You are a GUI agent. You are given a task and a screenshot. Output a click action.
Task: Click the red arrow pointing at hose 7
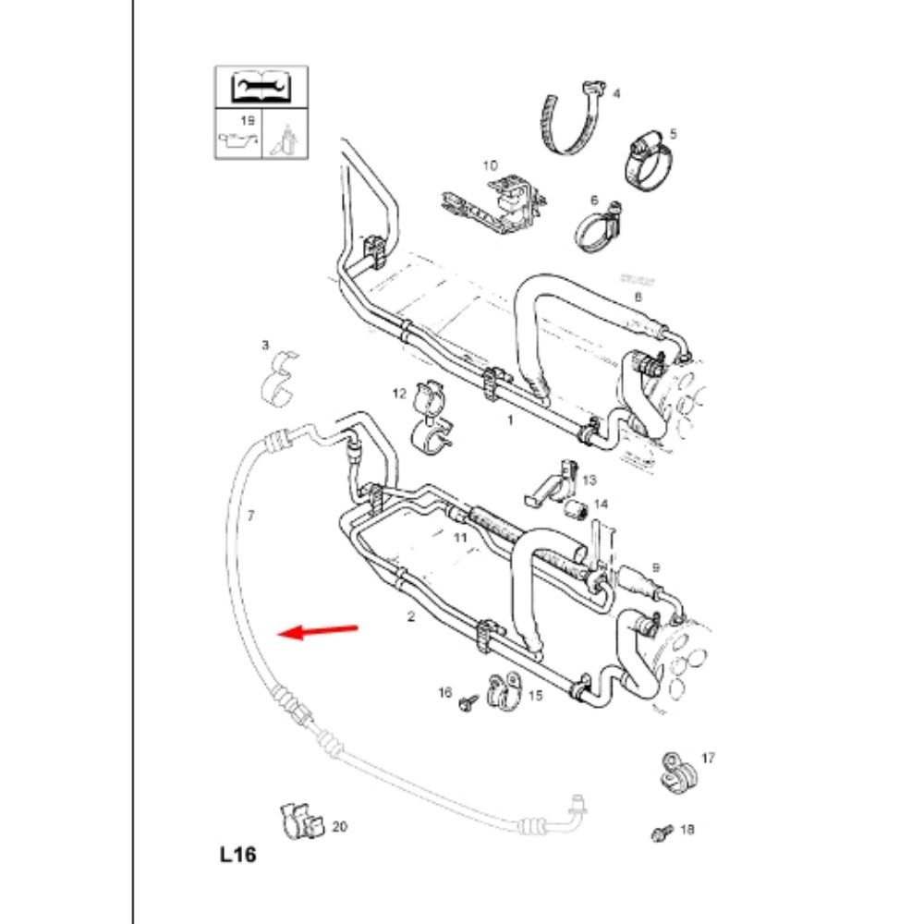coord(320,631)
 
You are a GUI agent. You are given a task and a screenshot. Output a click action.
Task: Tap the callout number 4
coord(616,93)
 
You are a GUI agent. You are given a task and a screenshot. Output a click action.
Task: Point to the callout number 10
coord(489,165)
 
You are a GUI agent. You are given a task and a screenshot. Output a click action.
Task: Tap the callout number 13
coord(590,480)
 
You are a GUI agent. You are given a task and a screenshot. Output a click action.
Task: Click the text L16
coord(237,855)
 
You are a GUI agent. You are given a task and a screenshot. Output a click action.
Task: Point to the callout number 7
coord(249,516)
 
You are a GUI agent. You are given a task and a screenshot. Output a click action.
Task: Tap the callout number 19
coord(247,121)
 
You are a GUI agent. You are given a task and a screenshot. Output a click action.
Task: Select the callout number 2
coord(412,615)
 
